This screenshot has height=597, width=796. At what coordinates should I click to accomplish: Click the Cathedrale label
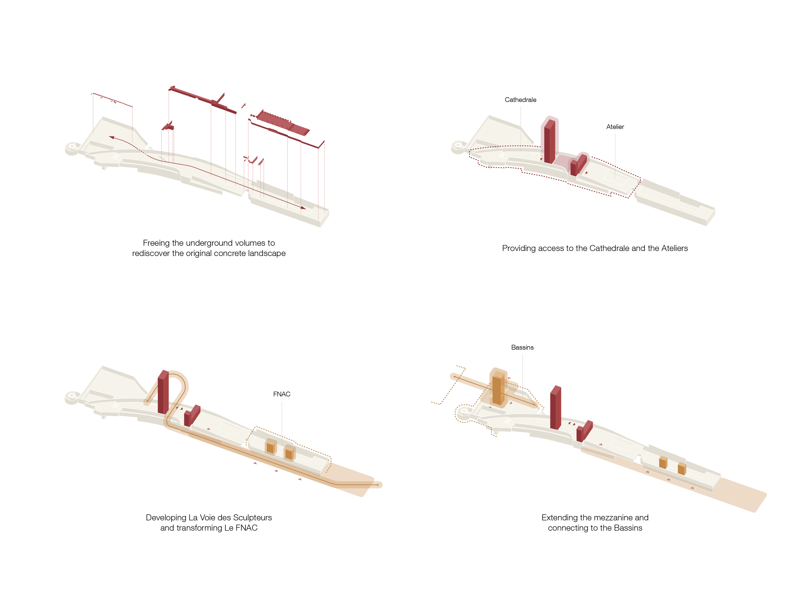520,100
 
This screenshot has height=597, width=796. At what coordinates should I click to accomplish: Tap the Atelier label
615,127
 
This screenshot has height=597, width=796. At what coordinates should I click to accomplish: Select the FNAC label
281,394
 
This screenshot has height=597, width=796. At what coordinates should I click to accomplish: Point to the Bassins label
522,347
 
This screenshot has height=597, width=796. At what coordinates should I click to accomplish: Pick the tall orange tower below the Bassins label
498,389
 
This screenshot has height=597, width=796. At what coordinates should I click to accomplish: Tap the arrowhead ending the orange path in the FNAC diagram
378,485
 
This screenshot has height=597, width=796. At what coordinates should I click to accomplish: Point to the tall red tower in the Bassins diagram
556,407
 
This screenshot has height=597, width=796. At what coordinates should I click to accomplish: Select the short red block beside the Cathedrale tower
578,165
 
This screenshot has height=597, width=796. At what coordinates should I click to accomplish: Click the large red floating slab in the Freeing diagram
283,122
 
